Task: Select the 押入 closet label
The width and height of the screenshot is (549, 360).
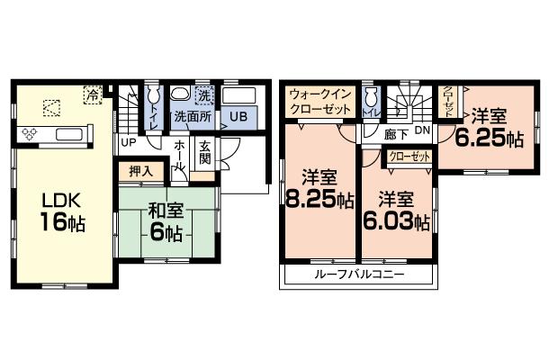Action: (x=139, y=170)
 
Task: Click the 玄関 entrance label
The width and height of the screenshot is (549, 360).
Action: (x=204, y=153)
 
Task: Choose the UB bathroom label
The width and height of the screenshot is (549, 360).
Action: (x=238, y=117)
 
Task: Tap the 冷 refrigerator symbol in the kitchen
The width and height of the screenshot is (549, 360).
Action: (x=91, y=93)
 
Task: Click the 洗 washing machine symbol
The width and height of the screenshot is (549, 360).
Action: (x=204, y=94)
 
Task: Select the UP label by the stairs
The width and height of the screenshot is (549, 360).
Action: (x=128, y=142)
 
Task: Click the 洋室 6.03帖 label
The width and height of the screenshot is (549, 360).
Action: (x=396, y=211)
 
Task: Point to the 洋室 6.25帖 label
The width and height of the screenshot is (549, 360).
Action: (x=489, y=129)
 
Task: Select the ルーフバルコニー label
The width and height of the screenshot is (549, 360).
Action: (x=360, y=274)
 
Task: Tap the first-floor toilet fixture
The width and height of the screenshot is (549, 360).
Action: (x=153, y=96)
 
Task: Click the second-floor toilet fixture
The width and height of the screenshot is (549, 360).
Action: (x=370, y=97)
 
